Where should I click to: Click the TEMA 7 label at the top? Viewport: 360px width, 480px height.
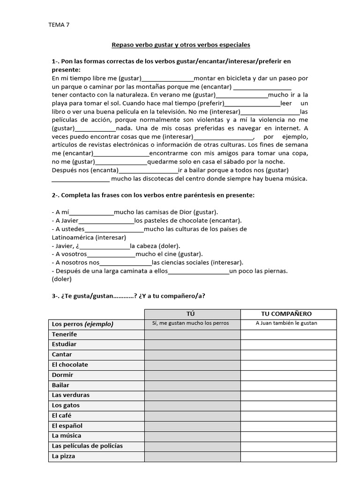click(59, 25)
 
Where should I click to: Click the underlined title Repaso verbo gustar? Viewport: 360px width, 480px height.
click(180, 45)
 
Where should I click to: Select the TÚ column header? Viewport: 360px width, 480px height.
click(192, 314)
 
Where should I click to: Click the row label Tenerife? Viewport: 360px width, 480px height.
click(65, 334)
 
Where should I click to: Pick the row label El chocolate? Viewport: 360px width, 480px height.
click(70, 365)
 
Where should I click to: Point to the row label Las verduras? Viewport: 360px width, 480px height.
click(71, 395)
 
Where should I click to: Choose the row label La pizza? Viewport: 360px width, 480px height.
click(63, 456)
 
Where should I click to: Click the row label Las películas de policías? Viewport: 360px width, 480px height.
click(87, 446)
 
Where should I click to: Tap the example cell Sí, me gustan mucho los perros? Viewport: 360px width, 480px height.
click(192, 323)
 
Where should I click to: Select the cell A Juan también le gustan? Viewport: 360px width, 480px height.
click(286, 323)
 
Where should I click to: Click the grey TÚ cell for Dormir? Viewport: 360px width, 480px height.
click(192, 375)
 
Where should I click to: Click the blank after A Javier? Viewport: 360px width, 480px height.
click(106, 221)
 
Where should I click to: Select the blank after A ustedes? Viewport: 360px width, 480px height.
click(114, 230)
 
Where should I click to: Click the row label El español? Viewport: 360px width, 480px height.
click(67, 426)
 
